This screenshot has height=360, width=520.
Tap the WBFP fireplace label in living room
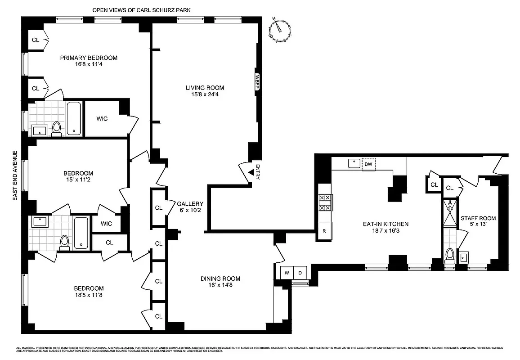pyautogui.click(x=258, y=82)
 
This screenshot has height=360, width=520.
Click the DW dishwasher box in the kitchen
pyautogui.click(x=368, y=164)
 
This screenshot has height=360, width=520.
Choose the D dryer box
pyautogui.click(x=300, y=273)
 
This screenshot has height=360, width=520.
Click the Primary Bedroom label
pyautogui.click(x=89, y=58)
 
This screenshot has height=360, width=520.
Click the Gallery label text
pyautogui.click(x=190, y=203)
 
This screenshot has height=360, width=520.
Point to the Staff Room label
pyautogui.click(x=478, y=218)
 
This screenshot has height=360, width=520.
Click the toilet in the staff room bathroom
pyautogui.click(x=449, y=256)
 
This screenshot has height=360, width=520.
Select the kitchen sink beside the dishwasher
pyautogui.click(x=354, y=164)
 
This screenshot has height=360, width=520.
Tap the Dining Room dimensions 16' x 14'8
pyautogui.click(x=220, y=285)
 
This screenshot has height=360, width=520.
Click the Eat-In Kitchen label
pyautogui.click(x=386, y=224)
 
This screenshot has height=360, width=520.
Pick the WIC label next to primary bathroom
pyautogui.click(x=102, y=119)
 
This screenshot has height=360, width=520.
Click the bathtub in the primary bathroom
pyautogui.click(x=74, y=119)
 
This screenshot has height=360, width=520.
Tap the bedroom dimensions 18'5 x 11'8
pyautogui.click(x=89, y=295)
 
